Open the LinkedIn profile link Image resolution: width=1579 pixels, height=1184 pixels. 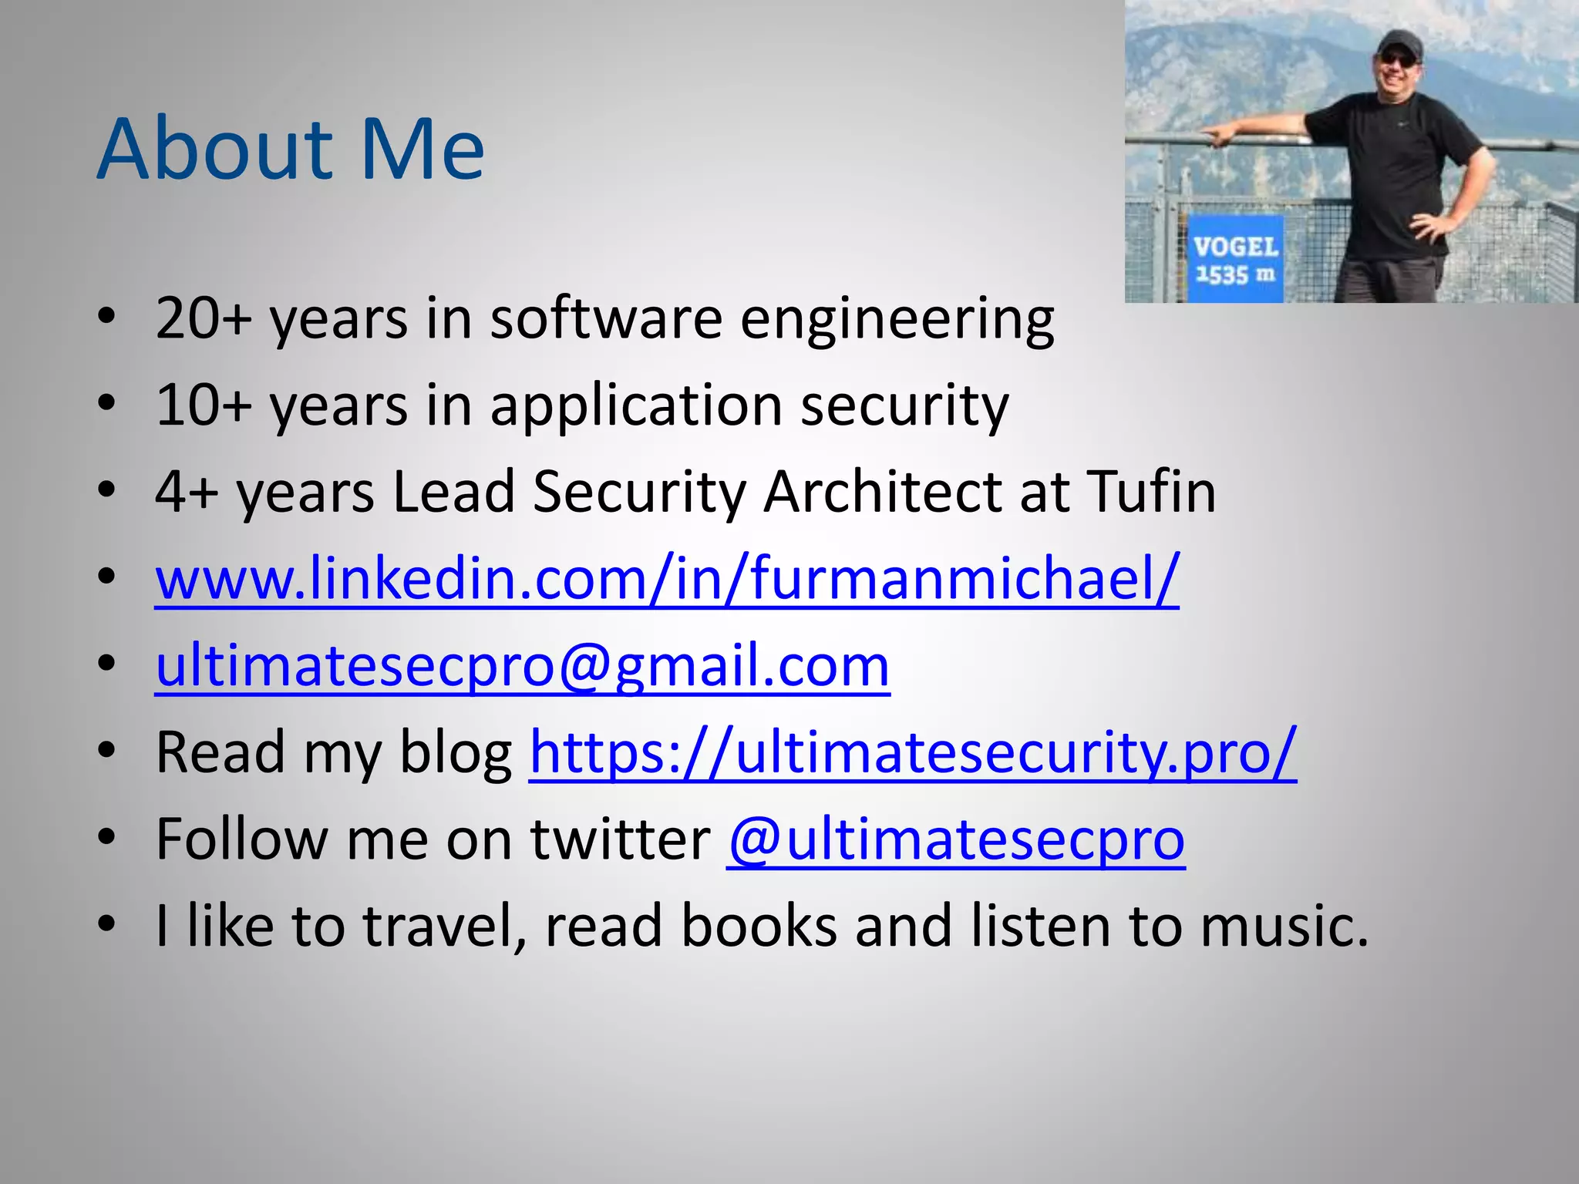667,578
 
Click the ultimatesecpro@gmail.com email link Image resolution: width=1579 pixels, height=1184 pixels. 523,665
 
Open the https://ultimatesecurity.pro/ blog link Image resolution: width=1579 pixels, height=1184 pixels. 913,752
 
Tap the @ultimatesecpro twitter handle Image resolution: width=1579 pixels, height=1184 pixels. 955,839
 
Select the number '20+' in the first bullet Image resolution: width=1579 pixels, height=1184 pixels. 203,318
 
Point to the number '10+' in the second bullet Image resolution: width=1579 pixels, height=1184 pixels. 203,405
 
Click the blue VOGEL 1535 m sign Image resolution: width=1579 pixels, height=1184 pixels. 1235,259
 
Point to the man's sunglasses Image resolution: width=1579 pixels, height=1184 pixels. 1398,58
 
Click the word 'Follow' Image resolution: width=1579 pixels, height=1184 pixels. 242,839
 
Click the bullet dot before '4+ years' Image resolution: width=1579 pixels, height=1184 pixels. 107,490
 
